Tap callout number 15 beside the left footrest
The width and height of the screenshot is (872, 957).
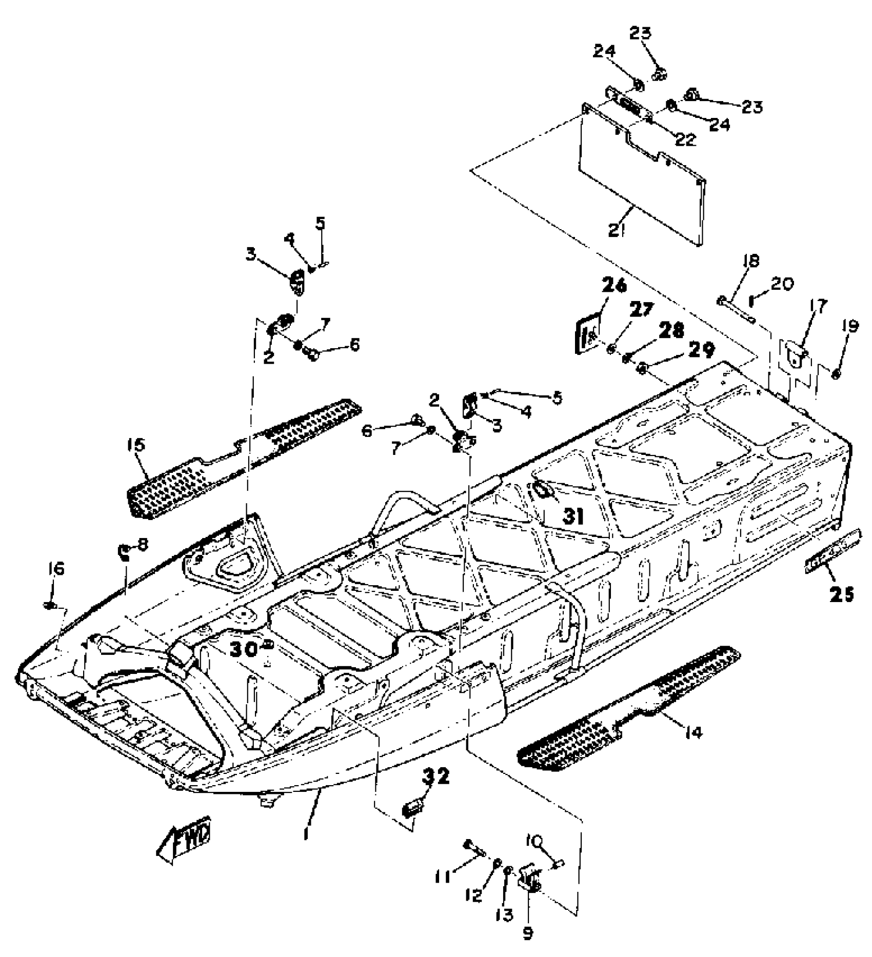click(138, 444)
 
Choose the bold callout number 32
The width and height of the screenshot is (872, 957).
click(435, 776)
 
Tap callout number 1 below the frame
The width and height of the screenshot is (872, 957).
click(306, 834)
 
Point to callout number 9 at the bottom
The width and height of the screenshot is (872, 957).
click(528, 933)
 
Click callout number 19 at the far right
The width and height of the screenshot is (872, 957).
click(849, 326)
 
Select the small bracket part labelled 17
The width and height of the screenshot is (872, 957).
click(794, 354)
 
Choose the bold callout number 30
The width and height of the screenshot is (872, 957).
click(244, 650)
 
